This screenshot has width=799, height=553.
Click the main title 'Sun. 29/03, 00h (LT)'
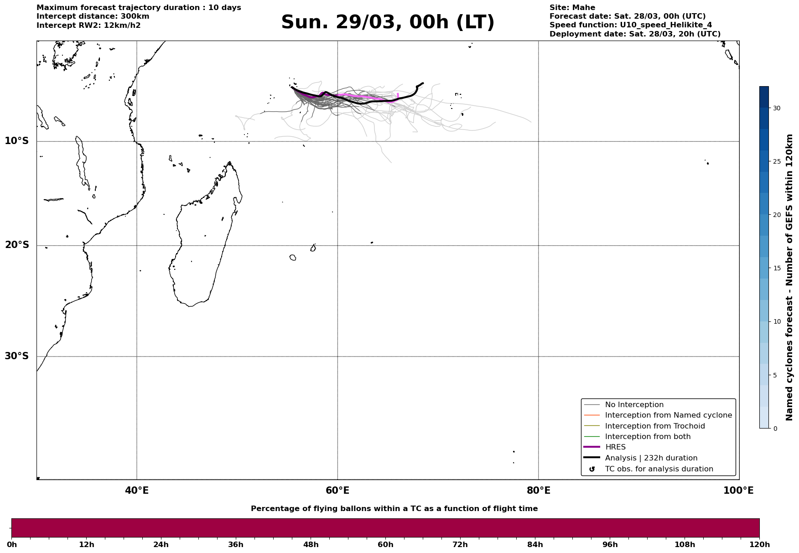point(388,22)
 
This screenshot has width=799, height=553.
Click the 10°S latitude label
point(17,141)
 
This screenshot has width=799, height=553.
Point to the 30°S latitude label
point(17,356)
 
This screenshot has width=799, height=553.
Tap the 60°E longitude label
point(337,491)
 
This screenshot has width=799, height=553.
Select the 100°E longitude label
point(738,491)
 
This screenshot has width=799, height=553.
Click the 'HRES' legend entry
point(615,447)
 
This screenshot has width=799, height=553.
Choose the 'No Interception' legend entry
point(634,405)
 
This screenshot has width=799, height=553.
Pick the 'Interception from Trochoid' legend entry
point(654,426)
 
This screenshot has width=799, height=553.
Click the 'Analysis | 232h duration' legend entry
point(651,458)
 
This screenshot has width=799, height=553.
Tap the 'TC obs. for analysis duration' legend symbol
point(592,469)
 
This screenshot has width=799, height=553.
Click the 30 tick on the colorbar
point(776,108)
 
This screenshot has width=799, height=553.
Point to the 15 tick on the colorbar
point(776,268)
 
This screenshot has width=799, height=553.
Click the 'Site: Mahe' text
point(572,8)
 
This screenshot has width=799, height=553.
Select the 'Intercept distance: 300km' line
point(93,16)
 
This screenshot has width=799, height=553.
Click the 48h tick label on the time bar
point(311,545)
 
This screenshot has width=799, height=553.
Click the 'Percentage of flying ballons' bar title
point(394,509)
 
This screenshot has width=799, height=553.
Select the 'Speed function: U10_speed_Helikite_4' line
point(630,25)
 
